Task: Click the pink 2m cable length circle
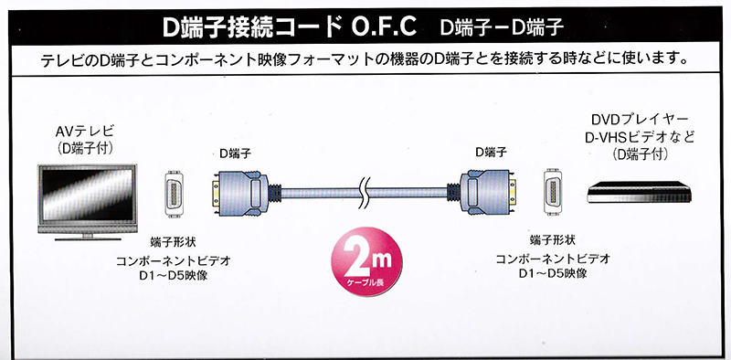point(366,261)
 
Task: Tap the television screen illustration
point(87,196)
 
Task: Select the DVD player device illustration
point(639,192)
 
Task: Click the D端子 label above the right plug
point(492,152)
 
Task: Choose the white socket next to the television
point(174,194)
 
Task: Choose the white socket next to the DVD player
point(553,192)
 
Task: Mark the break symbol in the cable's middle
point(365,192)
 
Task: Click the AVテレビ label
point(84,132)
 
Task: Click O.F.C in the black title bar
point(384,27)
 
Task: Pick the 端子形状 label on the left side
point(173,242)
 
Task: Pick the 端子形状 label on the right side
point(553,240)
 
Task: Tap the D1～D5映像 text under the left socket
point(174,276)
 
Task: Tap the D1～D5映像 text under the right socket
point(553,273)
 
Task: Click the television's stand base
point(88,238)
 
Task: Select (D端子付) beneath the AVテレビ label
point(84,149)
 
